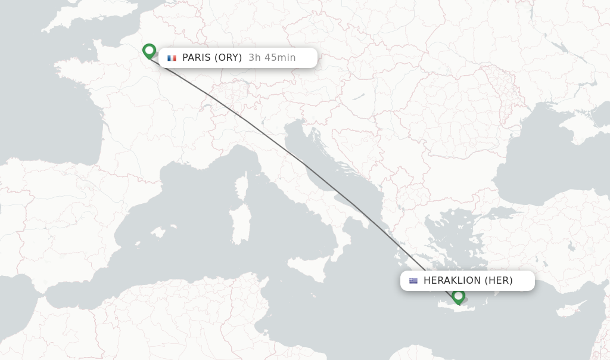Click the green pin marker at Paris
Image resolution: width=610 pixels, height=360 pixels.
pos(149,51)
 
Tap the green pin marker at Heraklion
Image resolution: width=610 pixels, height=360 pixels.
pos(458,296)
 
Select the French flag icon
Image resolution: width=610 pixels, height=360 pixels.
pos(172,58)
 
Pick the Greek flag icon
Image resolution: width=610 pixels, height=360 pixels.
pos(413,281)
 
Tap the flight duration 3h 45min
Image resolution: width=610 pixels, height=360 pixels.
pos(272,58)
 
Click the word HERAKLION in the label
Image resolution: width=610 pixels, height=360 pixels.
pos(452,281)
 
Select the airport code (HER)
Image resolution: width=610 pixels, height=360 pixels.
pos(499,281)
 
